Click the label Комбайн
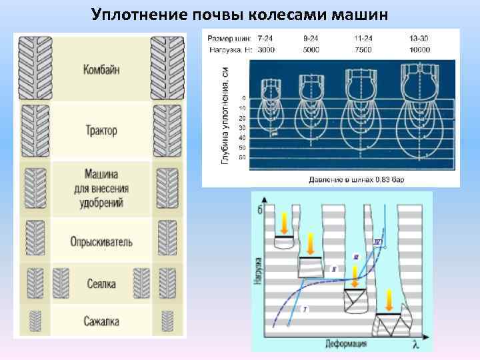click(x=102, y=69)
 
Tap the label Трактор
click(x=101, y=130)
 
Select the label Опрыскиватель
click(x=101, y=242)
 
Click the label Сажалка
click(x=101, y=322)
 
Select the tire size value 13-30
click(x=419, y=39)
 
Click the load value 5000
click(x=311, y=49)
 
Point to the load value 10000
click(x=419, y=49)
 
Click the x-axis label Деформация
click(x=346, y=344)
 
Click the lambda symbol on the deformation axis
click(x=415, y=344)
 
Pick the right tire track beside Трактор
click(x=166, y=130)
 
